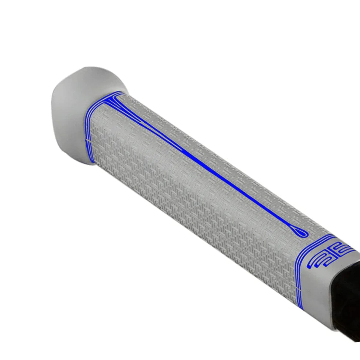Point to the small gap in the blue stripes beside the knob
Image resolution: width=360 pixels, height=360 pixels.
[87, 140]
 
